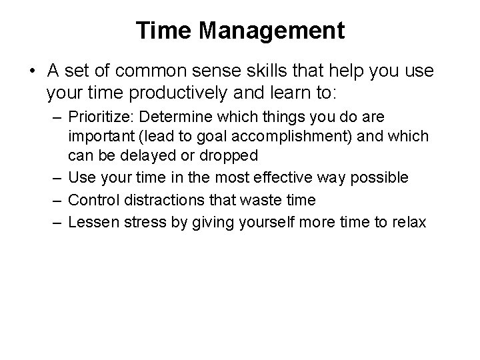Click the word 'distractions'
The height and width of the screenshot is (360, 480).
click(x=157, y=200)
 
